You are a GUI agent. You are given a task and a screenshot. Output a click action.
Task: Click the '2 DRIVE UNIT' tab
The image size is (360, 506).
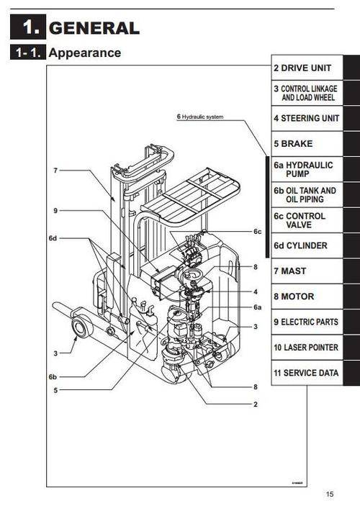coord(302,68)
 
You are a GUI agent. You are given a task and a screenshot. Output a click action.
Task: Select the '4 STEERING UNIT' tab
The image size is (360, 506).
coord(307,118)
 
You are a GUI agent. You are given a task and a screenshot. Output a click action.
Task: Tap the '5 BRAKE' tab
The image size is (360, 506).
coord(293,144)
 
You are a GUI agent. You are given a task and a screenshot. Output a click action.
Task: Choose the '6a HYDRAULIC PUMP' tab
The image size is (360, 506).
coord(303,169)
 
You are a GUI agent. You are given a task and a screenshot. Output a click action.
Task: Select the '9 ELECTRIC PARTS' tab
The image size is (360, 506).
coord(305,322)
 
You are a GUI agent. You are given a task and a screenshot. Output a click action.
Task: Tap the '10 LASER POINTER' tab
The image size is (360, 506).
coord(305,348)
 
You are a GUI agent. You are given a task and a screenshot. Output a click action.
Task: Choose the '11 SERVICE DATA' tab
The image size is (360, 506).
coord(305,374)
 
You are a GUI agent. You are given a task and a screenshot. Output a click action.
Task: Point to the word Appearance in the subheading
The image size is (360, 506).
coord(85,53)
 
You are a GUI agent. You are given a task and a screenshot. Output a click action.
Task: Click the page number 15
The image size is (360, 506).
coord(329,494)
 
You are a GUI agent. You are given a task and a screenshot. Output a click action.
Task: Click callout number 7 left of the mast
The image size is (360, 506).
coord(55,171)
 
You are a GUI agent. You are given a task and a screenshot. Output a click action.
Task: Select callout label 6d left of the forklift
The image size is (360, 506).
coord(53,238)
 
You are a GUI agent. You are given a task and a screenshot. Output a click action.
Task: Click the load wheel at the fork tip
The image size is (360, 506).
coord(78,328)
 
